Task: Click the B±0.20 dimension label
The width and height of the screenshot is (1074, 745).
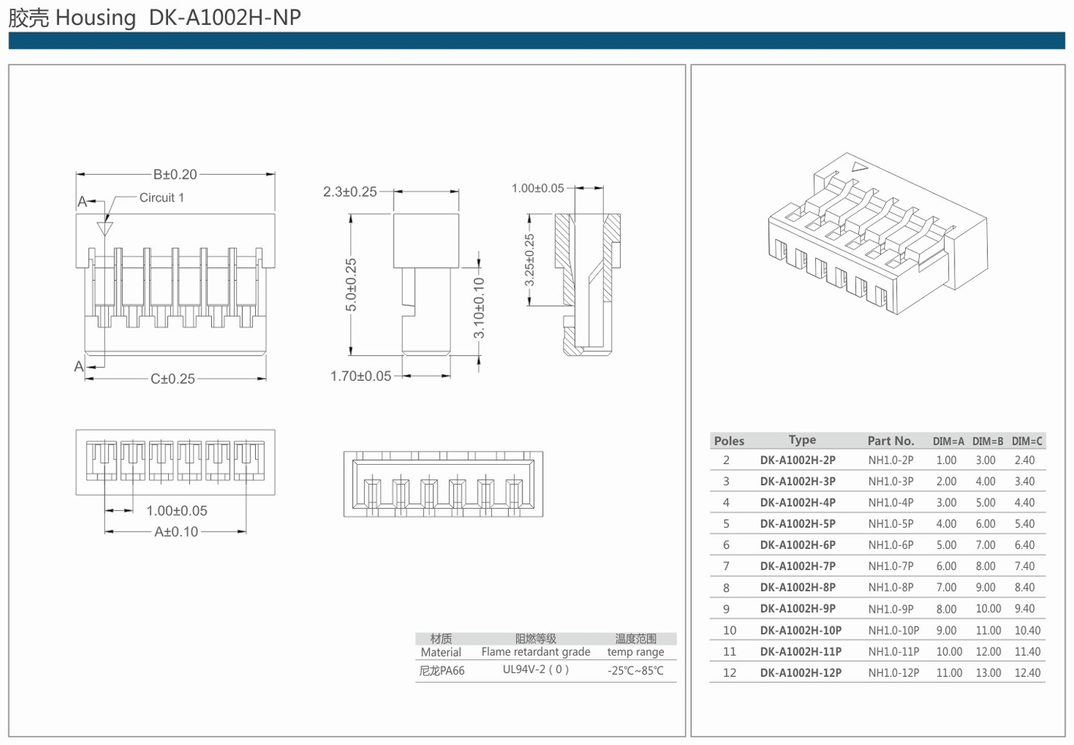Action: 175,174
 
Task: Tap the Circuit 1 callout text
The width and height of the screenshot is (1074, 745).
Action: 161,198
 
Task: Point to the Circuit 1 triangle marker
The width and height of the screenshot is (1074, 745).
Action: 104,229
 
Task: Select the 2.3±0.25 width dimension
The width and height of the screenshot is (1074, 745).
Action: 350,192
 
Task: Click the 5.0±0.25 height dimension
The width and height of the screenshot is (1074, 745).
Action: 351,285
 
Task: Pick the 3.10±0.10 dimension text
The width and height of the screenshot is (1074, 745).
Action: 479,308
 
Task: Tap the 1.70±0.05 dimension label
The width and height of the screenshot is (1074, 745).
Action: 360,376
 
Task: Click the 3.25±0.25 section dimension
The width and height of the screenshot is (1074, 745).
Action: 529,260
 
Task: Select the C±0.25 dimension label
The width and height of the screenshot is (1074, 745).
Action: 173,379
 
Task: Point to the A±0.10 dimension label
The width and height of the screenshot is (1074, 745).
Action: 176,531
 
